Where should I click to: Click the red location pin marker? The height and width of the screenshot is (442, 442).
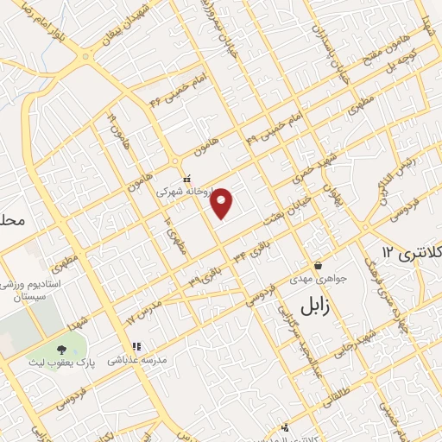tap(223, 202)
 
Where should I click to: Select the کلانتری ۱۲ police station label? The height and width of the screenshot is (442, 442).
tap(410, 252)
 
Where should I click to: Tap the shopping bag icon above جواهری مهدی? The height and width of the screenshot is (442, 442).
tap(319, 265)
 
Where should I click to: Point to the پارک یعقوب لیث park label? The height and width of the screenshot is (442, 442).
tap(61, 363)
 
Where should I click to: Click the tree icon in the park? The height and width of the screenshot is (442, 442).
tap(61, 350)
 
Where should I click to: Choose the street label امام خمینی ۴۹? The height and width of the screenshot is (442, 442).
tap(274, 128)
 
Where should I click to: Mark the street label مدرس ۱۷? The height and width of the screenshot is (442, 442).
tap(144, 312)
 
